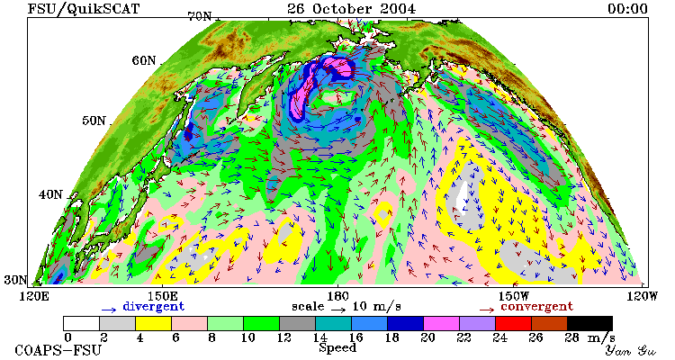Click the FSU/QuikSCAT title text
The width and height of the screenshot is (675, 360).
click(x=84, y=8)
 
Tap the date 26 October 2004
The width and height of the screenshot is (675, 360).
click(x=351, y=8)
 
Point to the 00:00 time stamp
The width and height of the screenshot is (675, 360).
click(x=627, y=8)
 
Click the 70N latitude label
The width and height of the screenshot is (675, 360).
click(x=200, y=16)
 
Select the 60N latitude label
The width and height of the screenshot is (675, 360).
click(x=144, y=60)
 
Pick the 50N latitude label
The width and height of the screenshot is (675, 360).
click(x=94, y=121)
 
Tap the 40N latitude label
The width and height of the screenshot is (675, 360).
click(x=50, y=194)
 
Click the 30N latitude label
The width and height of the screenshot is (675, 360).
click(x=15, y=280)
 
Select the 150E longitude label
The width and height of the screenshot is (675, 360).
click(x=162, y=297)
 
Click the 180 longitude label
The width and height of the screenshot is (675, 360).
click(x=337, y=297)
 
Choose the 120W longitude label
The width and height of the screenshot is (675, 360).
click(x=642, y=297)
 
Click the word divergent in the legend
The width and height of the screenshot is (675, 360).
click(x=154, y=307)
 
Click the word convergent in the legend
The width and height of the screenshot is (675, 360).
click(x=536, y=307)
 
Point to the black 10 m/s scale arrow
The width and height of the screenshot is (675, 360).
click(x=337, y=309)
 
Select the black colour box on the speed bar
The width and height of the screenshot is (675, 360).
click(x=590, y=323)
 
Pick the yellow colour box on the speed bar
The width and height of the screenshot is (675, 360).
click(x=153, y=323)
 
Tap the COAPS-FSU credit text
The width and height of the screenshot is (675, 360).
click(x=58, y=350)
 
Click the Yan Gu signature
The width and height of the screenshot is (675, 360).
click(x=630, y=350)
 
